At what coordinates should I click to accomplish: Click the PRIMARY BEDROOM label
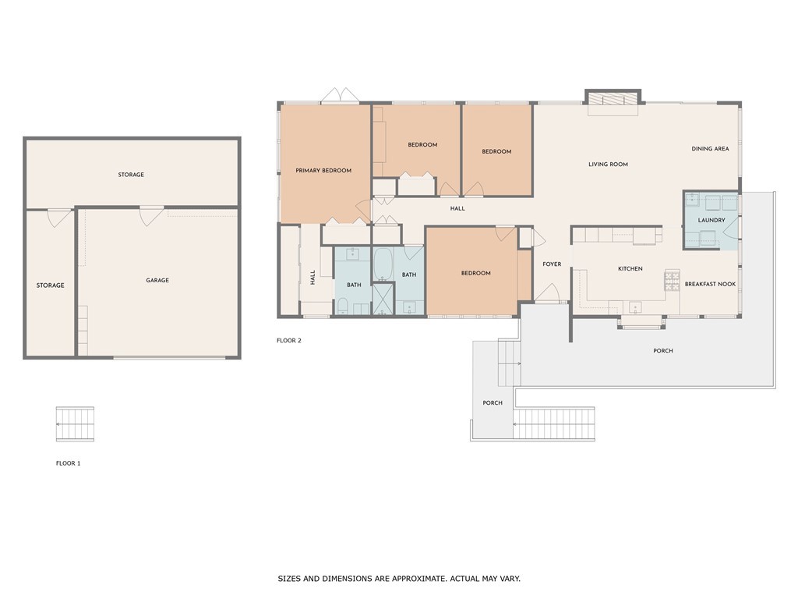coord(323,171)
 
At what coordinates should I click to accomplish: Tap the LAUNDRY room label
coord(711,221)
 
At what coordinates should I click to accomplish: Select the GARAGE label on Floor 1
coord(157,280)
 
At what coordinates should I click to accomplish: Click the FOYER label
coord(552,264)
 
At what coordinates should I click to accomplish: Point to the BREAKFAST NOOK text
coord(710,284)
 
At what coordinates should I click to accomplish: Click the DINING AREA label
coord(710,149)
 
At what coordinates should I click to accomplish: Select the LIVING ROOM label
coord(608,165)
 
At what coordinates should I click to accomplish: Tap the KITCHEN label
coord(630,269)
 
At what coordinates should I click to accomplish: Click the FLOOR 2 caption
coord(289,341)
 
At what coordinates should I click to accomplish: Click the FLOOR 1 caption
coord(69,463)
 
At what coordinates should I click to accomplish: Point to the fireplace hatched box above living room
coord(613,98)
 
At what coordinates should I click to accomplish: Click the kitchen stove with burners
coord(672,281)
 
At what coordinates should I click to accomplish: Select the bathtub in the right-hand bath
coord(383,264)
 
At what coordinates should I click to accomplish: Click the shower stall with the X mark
coord(383,299)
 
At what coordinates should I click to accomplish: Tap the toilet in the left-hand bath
coord(343,307)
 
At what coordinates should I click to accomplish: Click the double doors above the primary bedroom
coord(340,96)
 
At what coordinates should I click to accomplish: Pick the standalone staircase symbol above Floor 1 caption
coord(75,424)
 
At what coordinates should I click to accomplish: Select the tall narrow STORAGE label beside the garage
coord(51,285)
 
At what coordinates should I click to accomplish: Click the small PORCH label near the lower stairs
coord(493,403)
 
